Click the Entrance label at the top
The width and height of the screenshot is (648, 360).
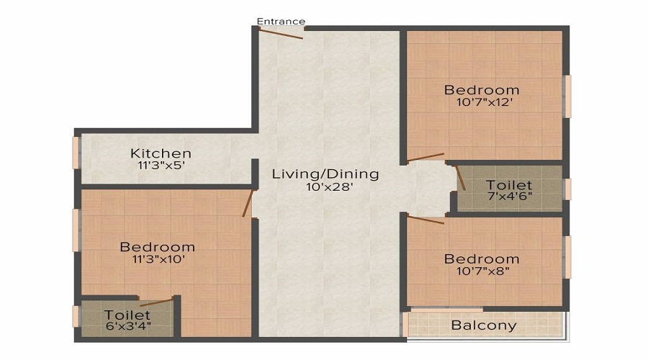click(x=281, y=21)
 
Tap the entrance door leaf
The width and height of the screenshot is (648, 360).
click(x=281, y=33)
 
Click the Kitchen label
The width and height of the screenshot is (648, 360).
click(x=161, y=153)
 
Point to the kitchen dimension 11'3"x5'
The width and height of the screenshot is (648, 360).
click(x=161, y=166)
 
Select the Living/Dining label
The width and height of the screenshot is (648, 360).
click(x=325, y=174)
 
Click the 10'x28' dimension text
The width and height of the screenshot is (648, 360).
click(x=329, y=187)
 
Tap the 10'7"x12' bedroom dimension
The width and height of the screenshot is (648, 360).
click(x=485, y=102)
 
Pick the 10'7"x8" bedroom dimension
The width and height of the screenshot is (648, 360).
click(x=482, y=271)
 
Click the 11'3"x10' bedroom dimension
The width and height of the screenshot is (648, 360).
click(x=158, y=260)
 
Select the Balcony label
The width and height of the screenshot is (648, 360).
click(x=484, y=325)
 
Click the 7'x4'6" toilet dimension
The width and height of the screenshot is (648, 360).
click(x=510, y=197)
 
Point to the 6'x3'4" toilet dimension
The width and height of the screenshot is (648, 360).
click(x=128, y=325)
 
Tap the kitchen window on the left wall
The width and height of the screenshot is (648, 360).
click(x=76, y=153)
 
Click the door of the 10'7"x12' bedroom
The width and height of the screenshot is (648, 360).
click(x=426, y=158)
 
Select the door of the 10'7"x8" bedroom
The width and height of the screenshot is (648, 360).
click(x=426, y=219)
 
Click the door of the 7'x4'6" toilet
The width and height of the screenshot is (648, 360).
click(x=460, y=178)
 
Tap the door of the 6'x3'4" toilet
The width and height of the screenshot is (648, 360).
click(x=156, y=302)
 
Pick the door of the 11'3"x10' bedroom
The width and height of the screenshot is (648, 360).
click(x=248, y=203)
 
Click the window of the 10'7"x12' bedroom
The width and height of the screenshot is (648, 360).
click(x=568, y=96)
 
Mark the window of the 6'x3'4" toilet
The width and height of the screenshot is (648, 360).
click(x=76, y=317)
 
